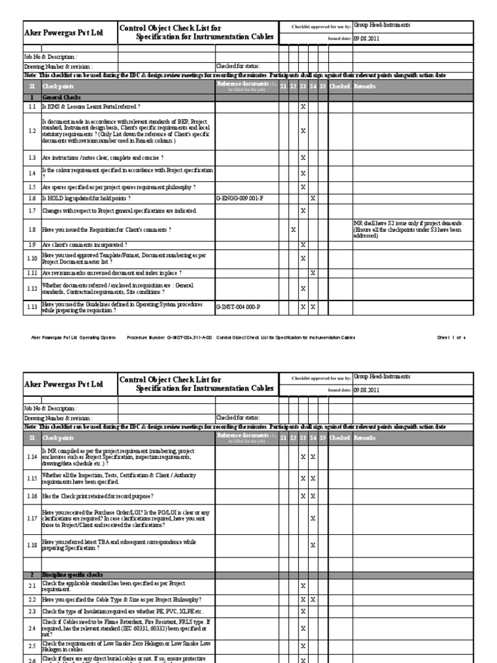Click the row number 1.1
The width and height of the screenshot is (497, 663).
[32, 106]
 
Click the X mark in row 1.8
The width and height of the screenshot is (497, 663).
[293, 229]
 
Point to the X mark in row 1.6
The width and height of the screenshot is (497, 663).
[313, 198]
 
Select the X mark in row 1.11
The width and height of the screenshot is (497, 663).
[313, 273]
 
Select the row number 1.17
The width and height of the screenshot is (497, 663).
[32, 518]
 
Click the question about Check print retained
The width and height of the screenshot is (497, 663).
[98, 495]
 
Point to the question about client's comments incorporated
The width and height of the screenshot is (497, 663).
[84, 245]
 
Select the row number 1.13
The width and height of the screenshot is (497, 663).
[32, 306]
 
